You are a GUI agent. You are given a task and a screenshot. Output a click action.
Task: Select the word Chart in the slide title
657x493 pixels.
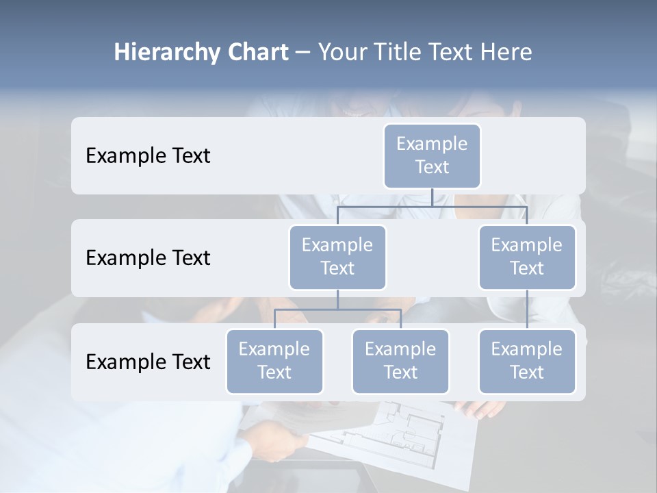tap(255, 53)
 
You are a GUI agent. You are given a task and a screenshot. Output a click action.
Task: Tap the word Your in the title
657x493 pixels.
tap(343, 53)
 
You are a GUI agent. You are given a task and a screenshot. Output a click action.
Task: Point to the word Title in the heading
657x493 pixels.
tap(399, 53)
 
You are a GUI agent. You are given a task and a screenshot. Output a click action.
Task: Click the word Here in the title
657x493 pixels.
tap(506, 53)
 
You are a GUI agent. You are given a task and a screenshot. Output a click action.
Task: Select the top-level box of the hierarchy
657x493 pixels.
tap(432, 155)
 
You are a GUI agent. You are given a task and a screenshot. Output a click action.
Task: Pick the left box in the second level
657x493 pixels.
tap(337, 257)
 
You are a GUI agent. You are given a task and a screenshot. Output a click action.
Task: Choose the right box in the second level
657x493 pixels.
tap(527, 257)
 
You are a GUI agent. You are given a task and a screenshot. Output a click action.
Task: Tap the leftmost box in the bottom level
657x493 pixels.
tap(274, 361)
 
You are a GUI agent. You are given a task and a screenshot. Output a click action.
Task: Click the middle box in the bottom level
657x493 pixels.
tap(400, 361)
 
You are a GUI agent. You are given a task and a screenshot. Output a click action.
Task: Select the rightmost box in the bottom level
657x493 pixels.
tap(527, 361)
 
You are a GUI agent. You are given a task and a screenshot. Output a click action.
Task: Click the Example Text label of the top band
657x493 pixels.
tap(148, 156)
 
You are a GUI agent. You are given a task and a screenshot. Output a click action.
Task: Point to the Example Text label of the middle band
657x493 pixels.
tap(148, 258)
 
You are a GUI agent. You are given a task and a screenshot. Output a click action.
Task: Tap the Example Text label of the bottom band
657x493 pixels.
tap(148, 362)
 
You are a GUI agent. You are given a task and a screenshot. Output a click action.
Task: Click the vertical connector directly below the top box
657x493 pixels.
tap(432, 197)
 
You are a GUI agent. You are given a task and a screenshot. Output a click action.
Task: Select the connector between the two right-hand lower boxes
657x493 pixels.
tap(527, 309)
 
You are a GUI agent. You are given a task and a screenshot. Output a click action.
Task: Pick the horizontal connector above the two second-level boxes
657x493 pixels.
tap(432, 206)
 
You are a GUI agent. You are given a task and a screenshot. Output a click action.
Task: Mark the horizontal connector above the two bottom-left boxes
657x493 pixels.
tap(337, 309)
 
